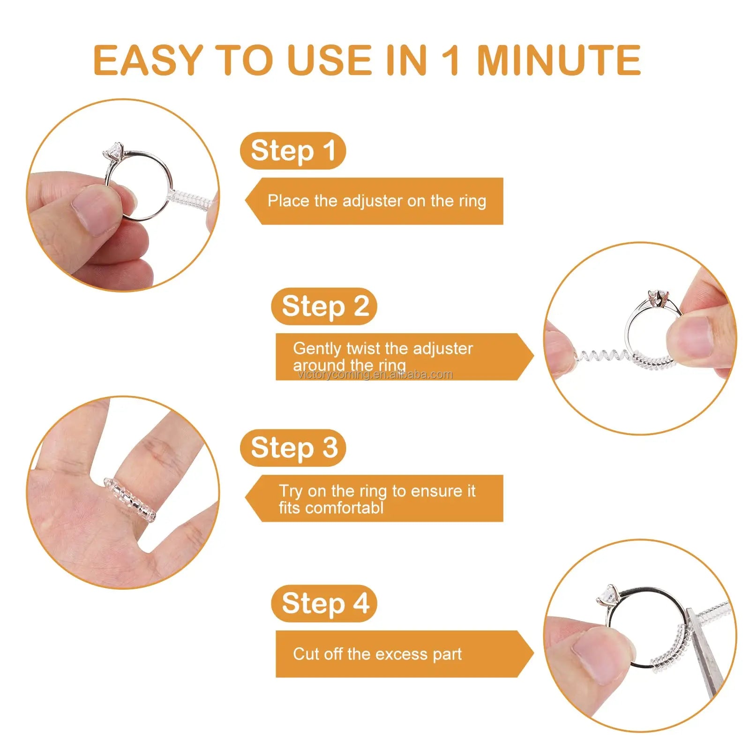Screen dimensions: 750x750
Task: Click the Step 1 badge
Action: click(293, 151)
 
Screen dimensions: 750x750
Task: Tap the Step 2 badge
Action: click(324, 307)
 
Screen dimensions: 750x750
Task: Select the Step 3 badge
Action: click(293, 448)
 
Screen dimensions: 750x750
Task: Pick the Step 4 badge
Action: click(324, 603)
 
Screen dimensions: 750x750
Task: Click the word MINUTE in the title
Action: click(559, 60)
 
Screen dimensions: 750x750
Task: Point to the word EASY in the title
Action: click(148, 60)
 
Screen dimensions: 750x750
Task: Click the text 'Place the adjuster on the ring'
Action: click(376, 201)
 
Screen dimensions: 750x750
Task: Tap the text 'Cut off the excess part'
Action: click(377, 654)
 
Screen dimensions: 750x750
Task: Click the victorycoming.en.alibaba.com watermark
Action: click(375, 375)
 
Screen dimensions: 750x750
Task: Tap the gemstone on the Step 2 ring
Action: click(657, 297)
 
